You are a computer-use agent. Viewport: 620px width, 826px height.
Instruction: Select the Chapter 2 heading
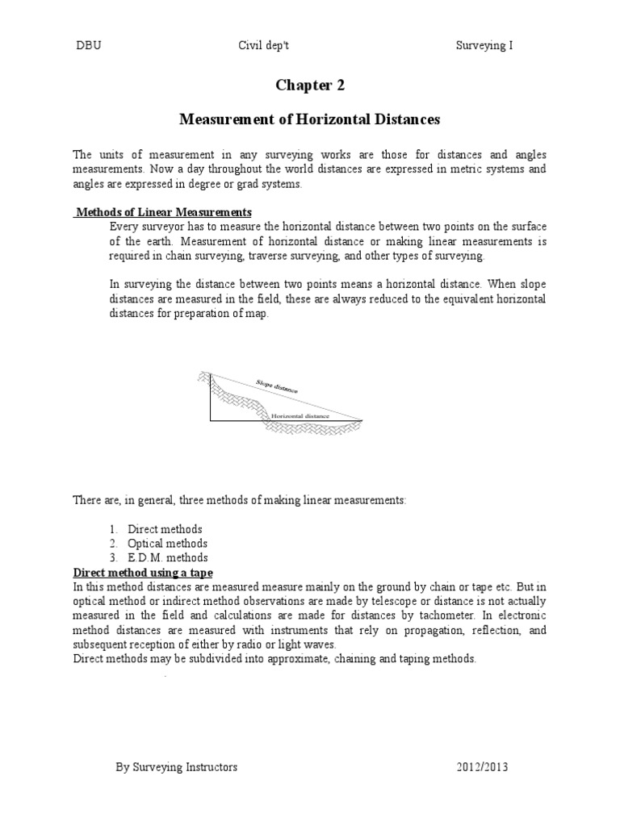(x=309, y=86)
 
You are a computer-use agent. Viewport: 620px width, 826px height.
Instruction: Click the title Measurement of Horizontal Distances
(x=309, y=119)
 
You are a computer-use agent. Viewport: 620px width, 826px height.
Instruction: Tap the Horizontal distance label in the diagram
(x=300, y=416)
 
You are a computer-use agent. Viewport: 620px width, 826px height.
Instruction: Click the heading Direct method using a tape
(x=143, y=572)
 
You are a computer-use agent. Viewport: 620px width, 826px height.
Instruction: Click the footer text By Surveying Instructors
(x=178, y=768)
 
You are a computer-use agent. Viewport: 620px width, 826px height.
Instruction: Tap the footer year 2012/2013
(x=481, y=768)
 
